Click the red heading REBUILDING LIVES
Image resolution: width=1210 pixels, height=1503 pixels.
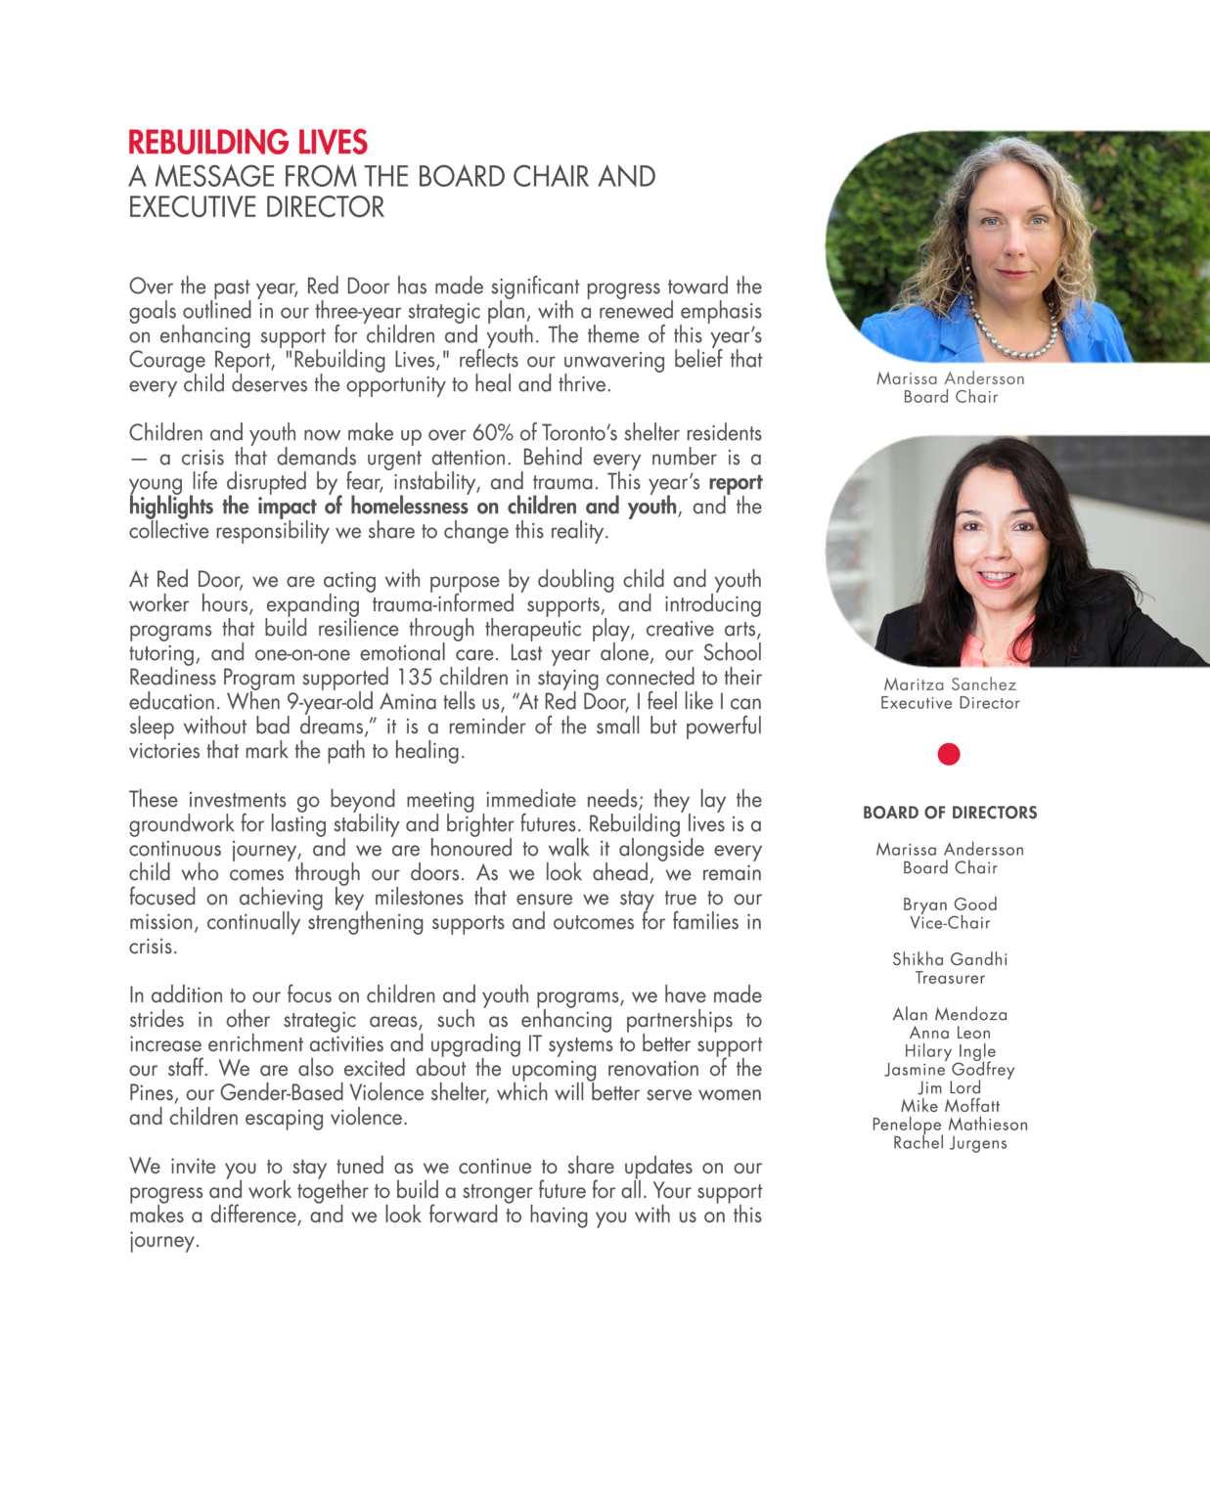(x=247, y=143)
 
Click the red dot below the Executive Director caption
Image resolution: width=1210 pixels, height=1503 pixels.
(x=949, y=754)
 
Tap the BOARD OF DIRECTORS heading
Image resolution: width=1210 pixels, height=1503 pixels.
(x=950, y=813)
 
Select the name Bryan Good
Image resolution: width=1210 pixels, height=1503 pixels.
(x=950, y=905)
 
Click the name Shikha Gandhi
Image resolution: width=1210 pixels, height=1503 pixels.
(x=950, y=959)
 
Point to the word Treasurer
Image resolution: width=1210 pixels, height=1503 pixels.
(x=950, y=978)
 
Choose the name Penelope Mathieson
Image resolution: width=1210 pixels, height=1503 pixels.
(x=950, y=1125)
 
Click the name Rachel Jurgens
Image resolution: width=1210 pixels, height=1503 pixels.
(x=950, y=1143)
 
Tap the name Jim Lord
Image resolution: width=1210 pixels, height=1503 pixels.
(x=950, y=1087)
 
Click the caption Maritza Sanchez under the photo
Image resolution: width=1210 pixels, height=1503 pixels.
(x=950, y=685)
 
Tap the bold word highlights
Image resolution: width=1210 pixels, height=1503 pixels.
(x=172, y=507)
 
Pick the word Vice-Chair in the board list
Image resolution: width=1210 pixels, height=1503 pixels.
(x=950, y=923)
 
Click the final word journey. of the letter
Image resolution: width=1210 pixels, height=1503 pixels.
(x=163, y=1241)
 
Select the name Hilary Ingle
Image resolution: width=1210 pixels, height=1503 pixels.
(x=950, y=1051)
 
